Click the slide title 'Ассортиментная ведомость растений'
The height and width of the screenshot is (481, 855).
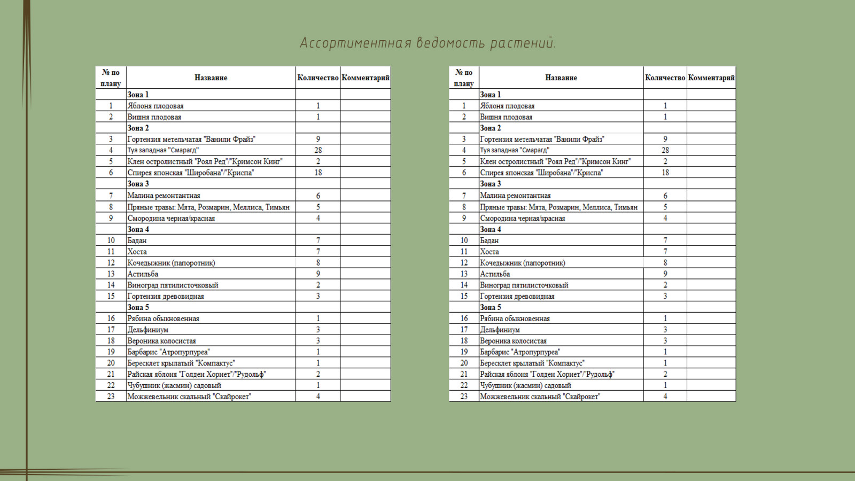click(428, 43)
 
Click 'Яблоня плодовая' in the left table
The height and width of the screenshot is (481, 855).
click(156, 106)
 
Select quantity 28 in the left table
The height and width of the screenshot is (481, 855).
click(318, 150)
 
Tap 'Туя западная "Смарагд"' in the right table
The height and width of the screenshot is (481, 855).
click(514, 150)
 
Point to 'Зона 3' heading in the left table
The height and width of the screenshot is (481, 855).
click(138, 184)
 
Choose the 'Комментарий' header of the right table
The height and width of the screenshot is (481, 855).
click(711, 77)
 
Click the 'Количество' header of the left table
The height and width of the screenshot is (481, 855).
click(318, 77)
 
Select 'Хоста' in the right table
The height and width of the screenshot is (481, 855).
click(489, 252)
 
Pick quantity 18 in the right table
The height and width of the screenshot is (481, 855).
click(665, 173)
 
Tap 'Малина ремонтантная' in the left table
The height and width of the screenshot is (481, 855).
click(164, 196)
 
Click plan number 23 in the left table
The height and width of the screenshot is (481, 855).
click(111, 397)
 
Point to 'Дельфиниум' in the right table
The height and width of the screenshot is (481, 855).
click(500, 330)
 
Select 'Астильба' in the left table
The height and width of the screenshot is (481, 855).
click(143, 274)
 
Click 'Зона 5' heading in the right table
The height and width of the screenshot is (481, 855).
click(491, 307)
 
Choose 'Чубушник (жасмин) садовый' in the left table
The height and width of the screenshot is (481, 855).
click(174, 385)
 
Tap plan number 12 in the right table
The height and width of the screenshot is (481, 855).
click(464, 263)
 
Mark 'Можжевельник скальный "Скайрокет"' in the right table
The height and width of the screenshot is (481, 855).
click(540, 397)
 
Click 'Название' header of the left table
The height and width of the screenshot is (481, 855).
click(211, 77)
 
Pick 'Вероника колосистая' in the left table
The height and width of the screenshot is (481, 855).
click(161, 341)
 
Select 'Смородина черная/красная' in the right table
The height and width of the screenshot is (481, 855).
click(522, 218)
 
